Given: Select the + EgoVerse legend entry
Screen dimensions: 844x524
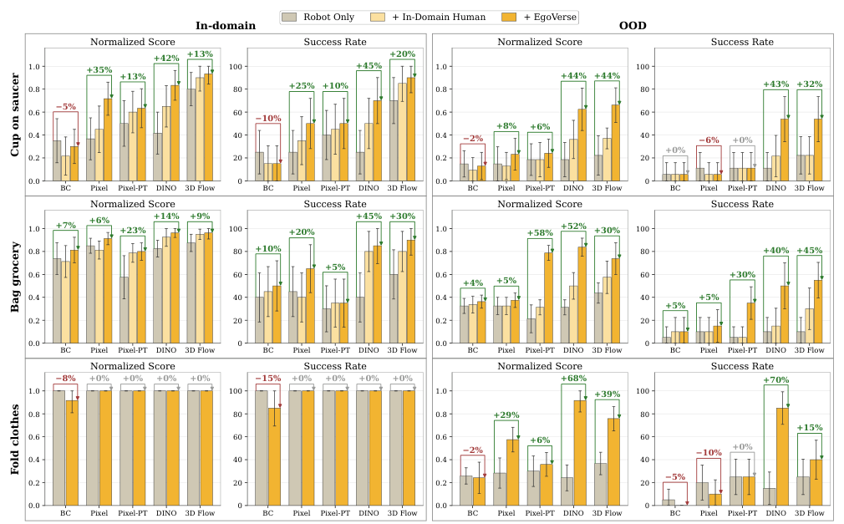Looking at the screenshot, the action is point(539,18).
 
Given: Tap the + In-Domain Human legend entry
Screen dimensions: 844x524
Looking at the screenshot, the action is point(428,18).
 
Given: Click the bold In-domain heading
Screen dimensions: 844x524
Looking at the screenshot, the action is point(226,26).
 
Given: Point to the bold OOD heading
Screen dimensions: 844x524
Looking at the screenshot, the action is point(633,26).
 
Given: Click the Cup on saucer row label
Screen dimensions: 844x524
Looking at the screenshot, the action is point(14,114).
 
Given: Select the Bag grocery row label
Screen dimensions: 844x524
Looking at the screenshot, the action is point(14,277).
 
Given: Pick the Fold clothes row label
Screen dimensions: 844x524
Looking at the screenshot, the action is point(14,440).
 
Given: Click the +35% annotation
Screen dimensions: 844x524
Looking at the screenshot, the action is point(99,70).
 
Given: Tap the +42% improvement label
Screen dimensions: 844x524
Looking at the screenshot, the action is point(166,59).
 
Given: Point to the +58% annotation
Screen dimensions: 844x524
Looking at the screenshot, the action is point(540,232).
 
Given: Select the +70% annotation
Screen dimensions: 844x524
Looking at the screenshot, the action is point(775,379).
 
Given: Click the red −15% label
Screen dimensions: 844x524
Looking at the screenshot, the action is point(268,378).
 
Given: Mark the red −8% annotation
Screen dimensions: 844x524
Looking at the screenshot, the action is point(66,378).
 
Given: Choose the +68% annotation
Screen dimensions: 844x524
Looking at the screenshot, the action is point(573,378).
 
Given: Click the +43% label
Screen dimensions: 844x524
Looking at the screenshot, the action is point(775,84).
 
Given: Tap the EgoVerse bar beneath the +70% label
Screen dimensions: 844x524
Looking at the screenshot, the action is point(782,456).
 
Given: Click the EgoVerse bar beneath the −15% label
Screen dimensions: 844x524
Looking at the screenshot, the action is point(275,456).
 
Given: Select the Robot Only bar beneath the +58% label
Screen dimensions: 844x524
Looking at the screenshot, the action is point(531,331).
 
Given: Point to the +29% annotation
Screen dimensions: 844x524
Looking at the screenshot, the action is point(506,415).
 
